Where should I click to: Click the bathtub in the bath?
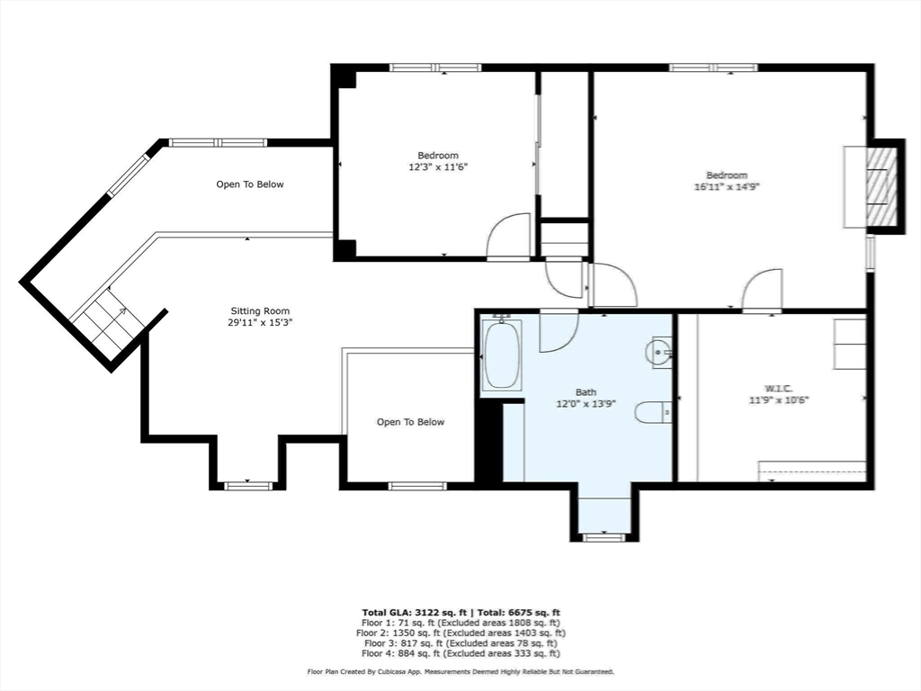click(501, 355)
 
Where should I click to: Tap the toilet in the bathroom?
click(653, 412)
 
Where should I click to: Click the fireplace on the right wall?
click(881, 186)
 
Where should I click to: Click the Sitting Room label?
click(259, 311)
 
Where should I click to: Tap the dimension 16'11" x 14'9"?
click(726, 186)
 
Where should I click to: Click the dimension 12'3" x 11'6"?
click(438, 166)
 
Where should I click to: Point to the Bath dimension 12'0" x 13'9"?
click(586, 404)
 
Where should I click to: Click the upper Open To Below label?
click(249, 184)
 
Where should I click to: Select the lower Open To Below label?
click(410, 422)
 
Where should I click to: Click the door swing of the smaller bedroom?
click(509, 236)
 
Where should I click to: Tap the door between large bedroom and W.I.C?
click(762, 291)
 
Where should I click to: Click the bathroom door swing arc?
click(559, 330)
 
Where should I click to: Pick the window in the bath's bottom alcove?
click(604, 537)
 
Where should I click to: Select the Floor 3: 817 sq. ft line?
click(460, 643)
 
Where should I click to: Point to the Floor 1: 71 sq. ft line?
click(460, 623)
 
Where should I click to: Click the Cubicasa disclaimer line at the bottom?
click(460, 672)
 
